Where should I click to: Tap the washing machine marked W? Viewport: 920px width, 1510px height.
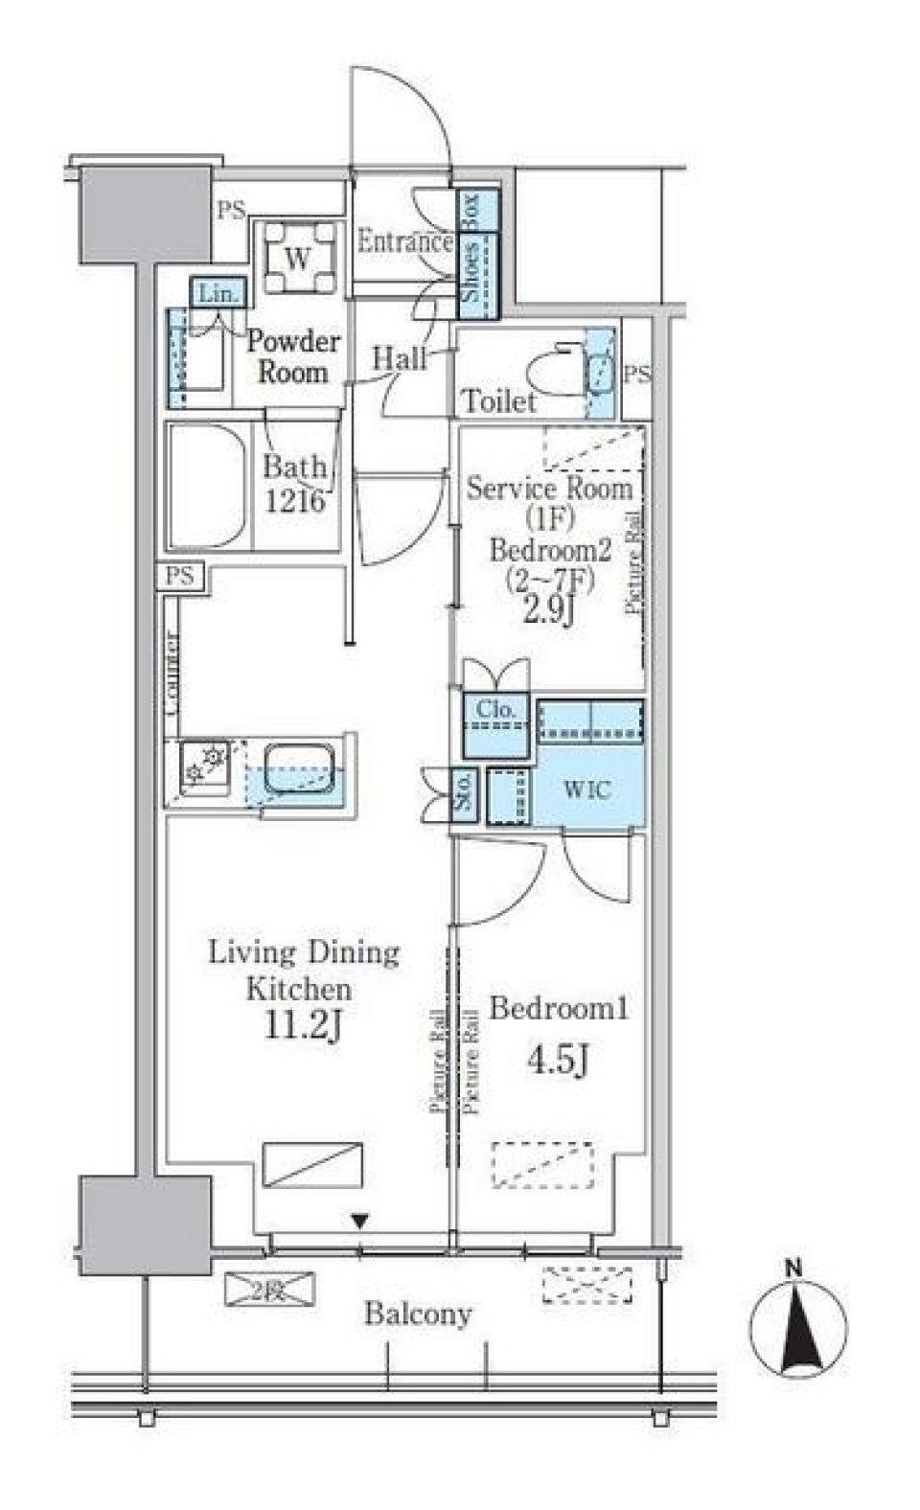(x=298, y=258)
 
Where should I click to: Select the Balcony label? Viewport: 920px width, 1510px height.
(x=418, y=1314)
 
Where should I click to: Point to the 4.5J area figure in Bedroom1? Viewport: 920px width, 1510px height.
(x=557, y=1061)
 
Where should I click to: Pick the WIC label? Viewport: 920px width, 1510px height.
(x=586, y=791)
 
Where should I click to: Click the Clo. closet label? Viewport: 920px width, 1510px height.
(x=495, y=711)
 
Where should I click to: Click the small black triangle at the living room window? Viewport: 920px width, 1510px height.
(x=359, y=1222)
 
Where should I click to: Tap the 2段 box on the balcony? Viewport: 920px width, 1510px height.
(x=269, y=1289)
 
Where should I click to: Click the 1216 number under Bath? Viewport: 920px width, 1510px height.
(x=295, y=500)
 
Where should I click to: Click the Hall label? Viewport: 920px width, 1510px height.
(x=399, y=359)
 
